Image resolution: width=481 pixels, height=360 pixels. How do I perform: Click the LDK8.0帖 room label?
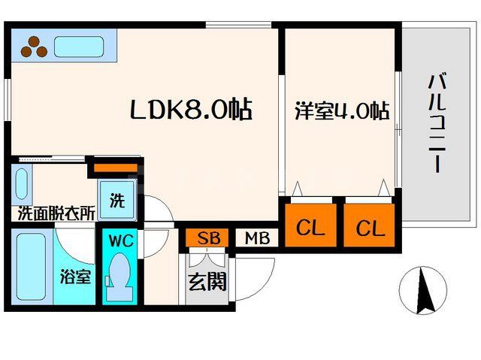point(190,110)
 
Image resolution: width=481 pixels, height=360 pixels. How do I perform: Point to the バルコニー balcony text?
point(435,124)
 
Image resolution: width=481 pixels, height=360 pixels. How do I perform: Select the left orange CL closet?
point(310,227)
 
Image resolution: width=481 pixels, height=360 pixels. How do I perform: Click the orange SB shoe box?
point(207,238)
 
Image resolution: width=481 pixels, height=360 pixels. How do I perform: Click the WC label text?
point(120,242)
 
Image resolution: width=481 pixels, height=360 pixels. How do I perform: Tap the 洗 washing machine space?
point(117,201)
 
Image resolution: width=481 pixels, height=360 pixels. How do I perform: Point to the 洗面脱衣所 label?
point(56,213)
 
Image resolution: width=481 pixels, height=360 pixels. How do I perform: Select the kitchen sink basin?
point(77,47)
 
